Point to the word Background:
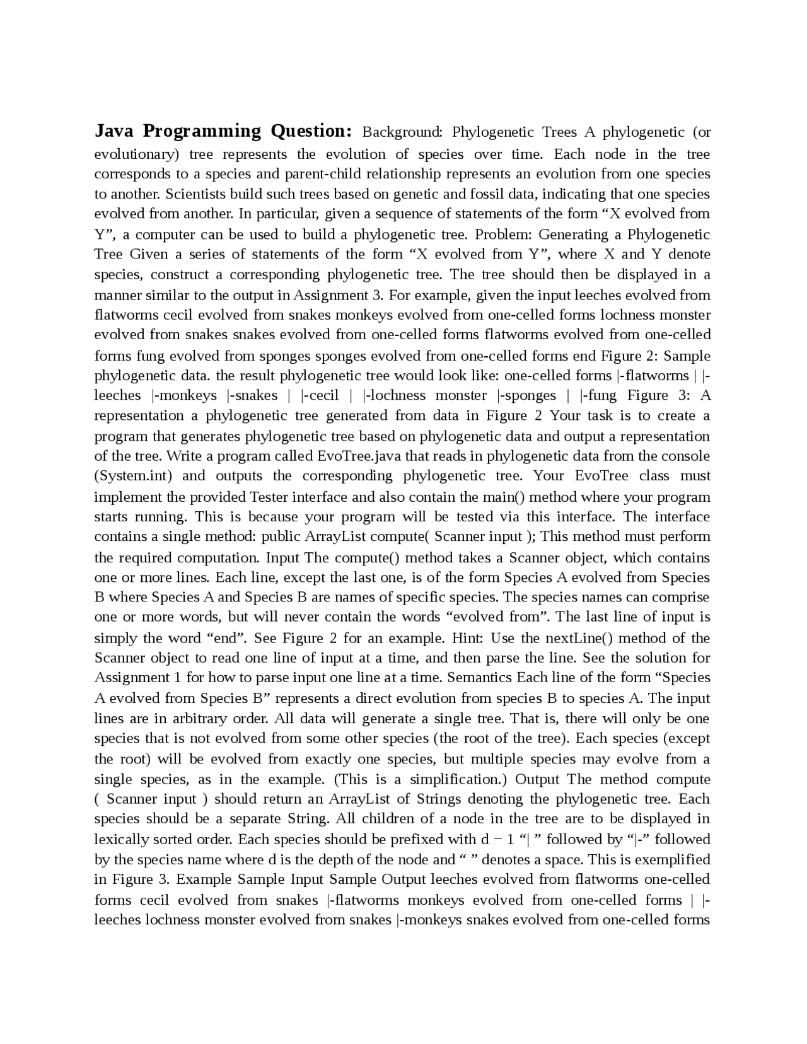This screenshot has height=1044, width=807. click(402, 132)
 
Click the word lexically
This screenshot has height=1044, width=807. click(121, 840)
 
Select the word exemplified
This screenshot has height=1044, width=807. click(672, 860)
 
